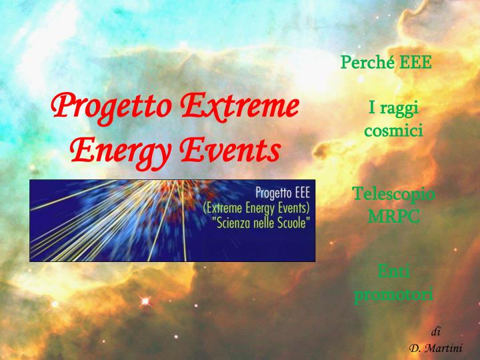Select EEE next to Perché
click(x=417, y=63)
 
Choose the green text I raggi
click(x=393, y=109)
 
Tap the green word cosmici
click(x=393, y=131)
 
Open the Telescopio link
click(x=393, y=194)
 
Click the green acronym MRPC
click(x=393, y=217)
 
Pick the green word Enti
click(x=393, y=271)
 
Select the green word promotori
click(x=393, y=293)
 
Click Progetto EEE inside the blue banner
click(x=283, y=193)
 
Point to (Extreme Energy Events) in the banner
click(x=257, y=207)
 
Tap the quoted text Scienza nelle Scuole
click(x=260, y=222)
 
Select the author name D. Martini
click(x=435, y=347)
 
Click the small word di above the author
click(x=435, y=331)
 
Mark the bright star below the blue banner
click(x=143, y=302)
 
